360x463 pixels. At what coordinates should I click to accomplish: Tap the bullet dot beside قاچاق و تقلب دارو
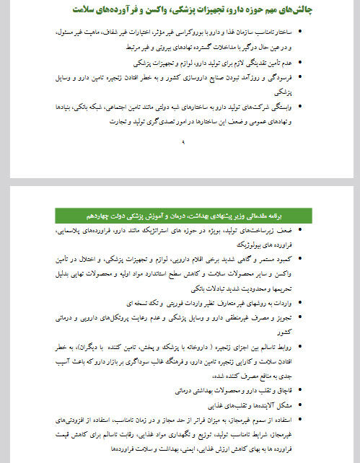[x=300, y=390]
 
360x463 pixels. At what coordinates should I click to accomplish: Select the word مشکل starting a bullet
[x=284, y=404]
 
